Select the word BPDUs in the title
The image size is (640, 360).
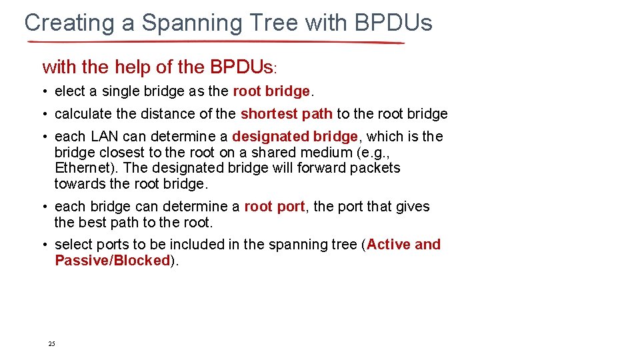[x=393, y=23]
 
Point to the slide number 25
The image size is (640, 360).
[x=51, y=344]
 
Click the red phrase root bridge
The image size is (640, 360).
[x=271, y=91]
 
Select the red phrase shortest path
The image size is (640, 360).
[x=286, y=114]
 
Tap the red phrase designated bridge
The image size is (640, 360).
[x=295, y=137]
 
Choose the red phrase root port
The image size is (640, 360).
[x=274, y=207]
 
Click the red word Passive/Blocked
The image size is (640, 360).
[x=113, y=261]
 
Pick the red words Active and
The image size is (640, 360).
[x=403, y=245]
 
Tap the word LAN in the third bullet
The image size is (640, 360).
[x=105, y=137]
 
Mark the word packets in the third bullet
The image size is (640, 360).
[x=377, y=168]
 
